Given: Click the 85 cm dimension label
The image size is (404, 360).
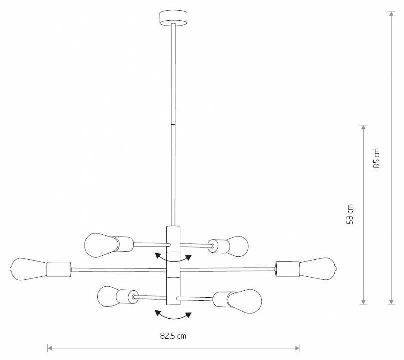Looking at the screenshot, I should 377,158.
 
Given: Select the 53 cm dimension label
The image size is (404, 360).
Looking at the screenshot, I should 350,214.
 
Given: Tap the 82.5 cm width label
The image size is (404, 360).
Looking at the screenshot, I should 173,336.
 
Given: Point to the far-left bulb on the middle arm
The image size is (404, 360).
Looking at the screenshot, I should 28,269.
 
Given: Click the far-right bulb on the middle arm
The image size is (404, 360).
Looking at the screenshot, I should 318,268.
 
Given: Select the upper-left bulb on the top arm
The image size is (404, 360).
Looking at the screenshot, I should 98,244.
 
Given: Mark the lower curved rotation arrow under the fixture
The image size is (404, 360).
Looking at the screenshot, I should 173,315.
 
